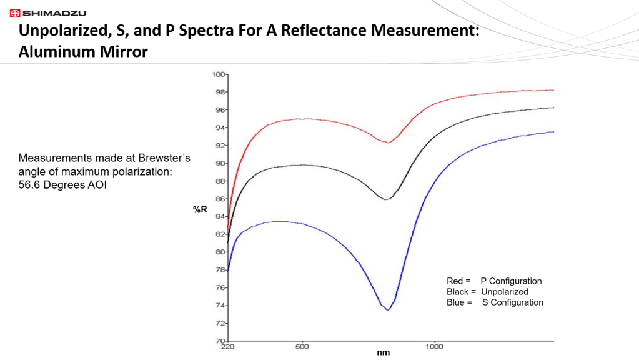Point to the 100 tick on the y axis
[x=218, y=74]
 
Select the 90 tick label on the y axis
[x=220, y=163]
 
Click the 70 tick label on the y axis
[x=220, y=341]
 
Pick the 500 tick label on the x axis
[x=302, y=346]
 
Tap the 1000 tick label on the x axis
[x=435, y=346]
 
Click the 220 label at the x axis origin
[x=228, y=346]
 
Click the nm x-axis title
[x=384, y=352]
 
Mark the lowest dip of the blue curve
[x=388, y=309]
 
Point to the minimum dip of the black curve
[x=387, y=199]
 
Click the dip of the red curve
[x=388, y=143]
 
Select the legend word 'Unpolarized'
[x=505, y=292]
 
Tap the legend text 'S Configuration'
[x=512, y=302]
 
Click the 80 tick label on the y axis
[x=220, y=252]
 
